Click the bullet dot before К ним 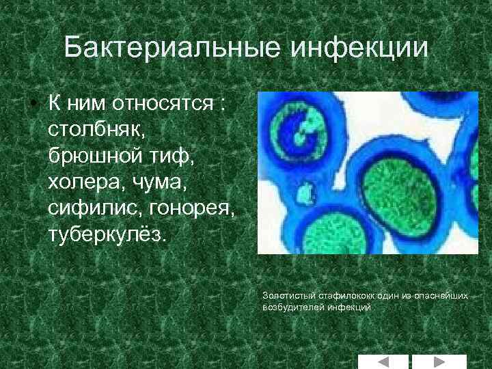tap(32, 102)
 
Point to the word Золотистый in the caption tap(284, 296)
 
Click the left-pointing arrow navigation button tap(383, 361)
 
